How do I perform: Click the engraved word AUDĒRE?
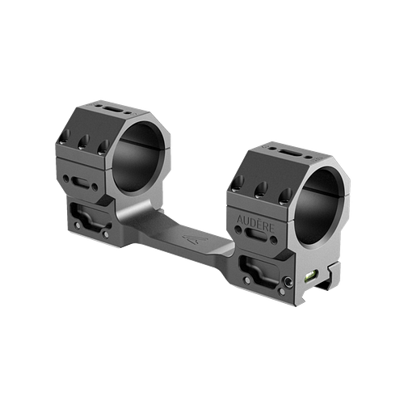point(255,221)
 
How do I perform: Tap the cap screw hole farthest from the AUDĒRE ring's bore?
point(239,183)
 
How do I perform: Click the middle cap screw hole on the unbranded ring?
point(83,142)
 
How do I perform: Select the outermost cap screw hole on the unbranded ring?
point(66,137)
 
